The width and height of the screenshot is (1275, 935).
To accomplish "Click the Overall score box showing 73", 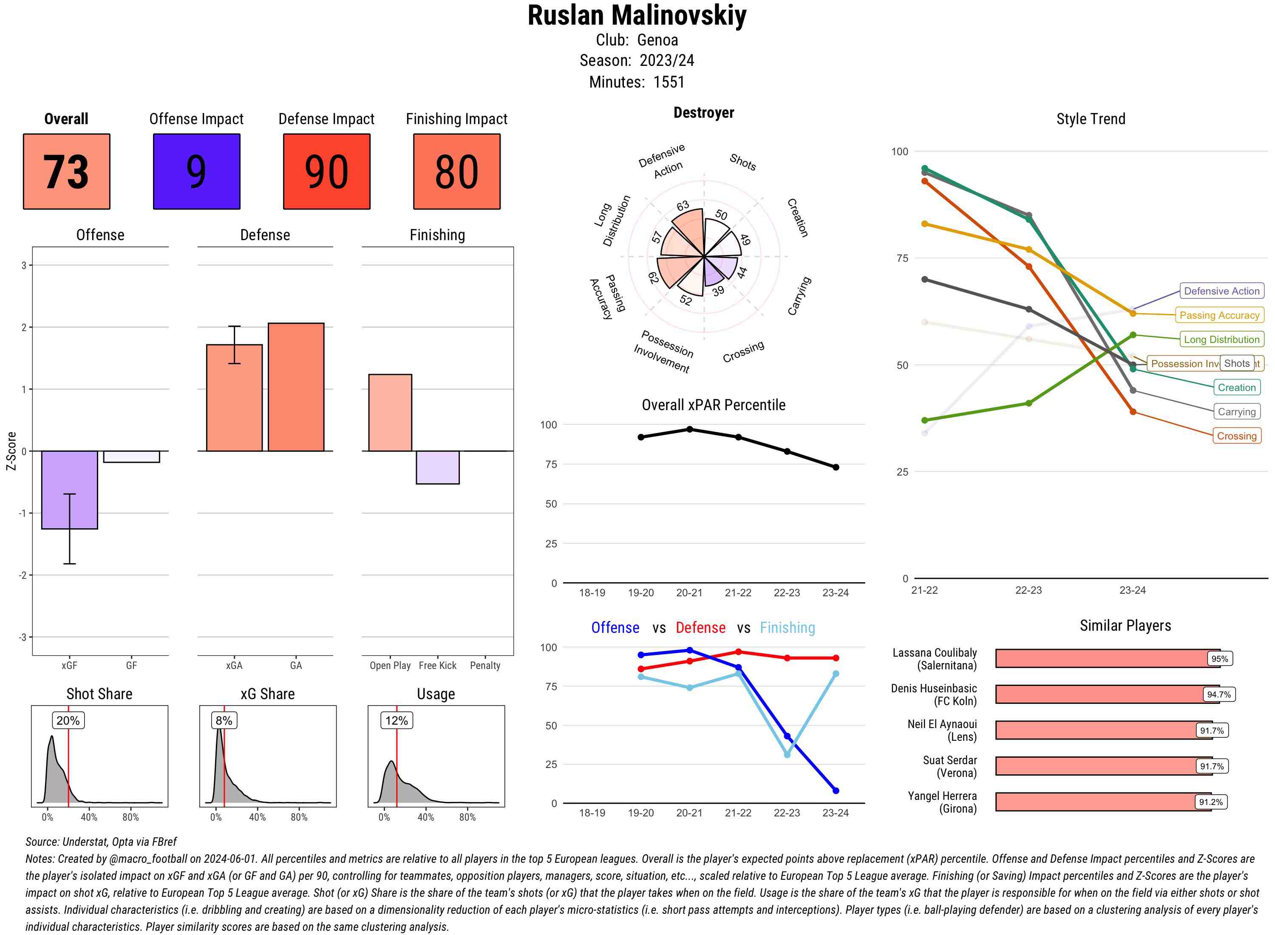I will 66,172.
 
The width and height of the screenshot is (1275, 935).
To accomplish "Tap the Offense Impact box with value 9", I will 196,172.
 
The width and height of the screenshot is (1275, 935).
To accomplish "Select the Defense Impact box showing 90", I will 326,172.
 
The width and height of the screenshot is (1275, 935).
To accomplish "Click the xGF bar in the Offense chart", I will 70,490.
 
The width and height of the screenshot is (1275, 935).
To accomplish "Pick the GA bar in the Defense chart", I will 296,387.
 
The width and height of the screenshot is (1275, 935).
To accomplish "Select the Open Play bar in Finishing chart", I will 390,413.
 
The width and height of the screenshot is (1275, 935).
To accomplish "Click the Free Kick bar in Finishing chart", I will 437,467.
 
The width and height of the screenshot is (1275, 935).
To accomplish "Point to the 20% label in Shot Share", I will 68,720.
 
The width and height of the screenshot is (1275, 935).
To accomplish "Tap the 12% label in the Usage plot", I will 397,720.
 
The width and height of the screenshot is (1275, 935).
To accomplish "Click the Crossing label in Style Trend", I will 1236,436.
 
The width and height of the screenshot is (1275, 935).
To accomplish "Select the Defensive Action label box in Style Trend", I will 1221,291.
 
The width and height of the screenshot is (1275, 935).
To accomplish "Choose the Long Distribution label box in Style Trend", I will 1221,340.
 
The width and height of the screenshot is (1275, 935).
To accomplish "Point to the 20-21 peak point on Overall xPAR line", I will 689,430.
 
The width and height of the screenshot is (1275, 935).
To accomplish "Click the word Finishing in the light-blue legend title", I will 787,628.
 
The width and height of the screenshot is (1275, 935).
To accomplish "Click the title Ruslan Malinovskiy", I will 637,16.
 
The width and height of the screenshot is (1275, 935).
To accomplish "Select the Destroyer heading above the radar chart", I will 703,113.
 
